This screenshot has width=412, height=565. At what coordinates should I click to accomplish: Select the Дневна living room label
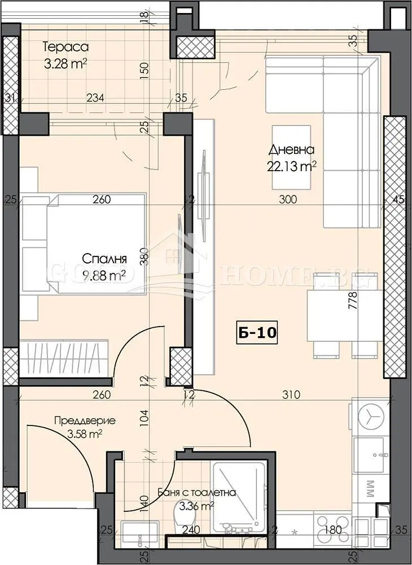291,150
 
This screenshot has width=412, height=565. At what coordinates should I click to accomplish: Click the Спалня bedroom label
104,259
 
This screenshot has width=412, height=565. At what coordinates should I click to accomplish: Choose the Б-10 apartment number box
256,333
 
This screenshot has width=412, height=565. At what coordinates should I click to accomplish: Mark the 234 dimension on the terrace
95,98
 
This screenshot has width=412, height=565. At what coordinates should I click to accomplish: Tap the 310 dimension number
291,394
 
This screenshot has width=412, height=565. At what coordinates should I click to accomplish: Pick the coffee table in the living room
291,158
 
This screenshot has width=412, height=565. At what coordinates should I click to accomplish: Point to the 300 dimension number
290,199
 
